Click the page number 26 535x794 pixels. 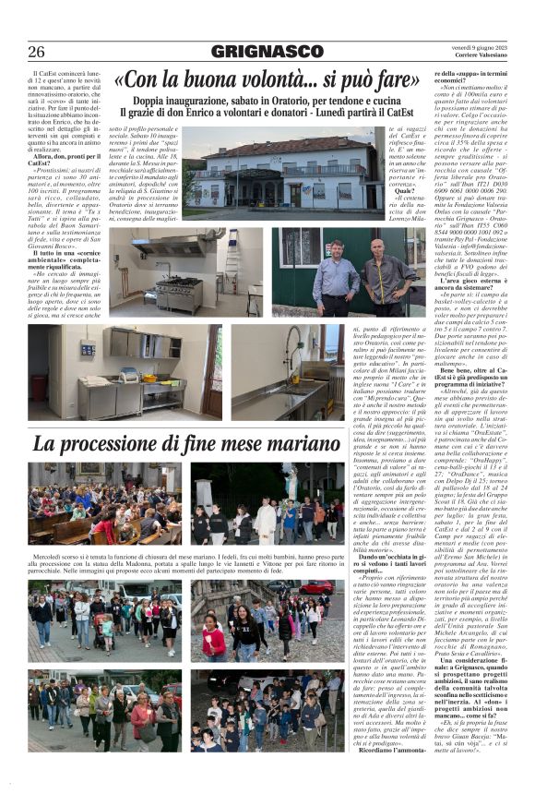[36, 51]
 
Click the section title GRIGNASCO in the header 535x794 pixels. [267, 51]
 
